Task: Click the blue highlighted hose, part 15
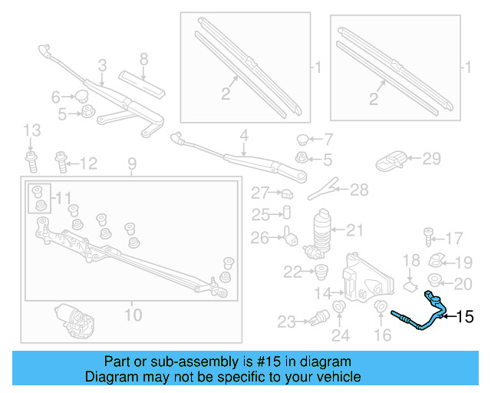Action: (420, 316)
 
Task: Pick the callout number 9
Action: (131, 163)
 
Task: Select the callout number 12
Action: (89, 163)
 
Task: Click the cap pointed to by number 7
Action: (303, 140)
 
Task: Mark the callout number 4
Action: (243, 137)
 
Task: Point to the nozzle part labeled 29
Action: (392, 160)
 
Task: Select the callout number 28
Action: (359, 190)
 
